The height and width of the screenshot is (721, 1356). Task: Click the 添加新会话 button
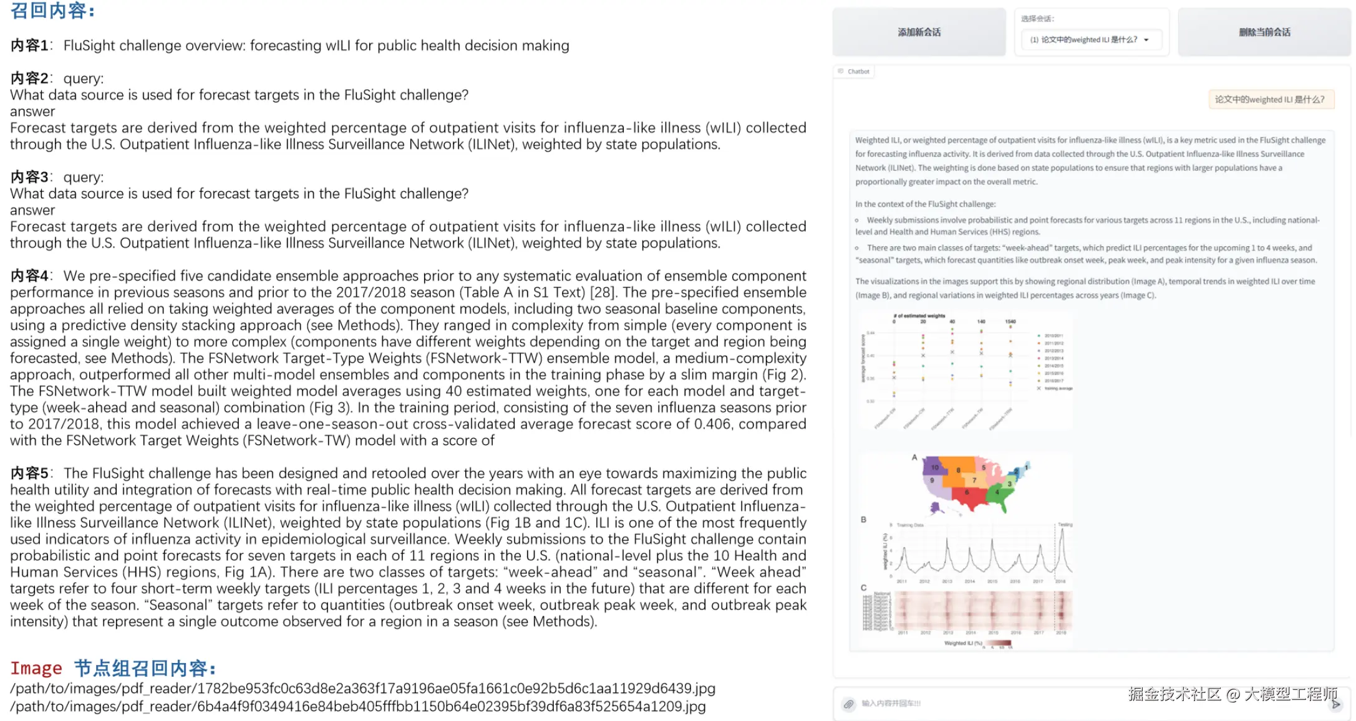pyautogui.click(x=919, y=32)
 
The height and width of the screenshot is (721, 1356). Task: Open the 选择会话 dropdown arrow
pyautogui.click(x=1146, y=40)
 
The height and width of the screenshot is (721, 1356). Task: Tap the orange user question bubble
pyautogui.click(x=1271, y=100)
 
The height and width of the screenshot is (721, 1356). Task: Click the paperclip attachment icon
pyautogui.click(x=848, y=704)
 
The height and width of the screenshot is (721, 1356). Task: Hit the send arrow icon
pyautogui.click(x=1335, y=704)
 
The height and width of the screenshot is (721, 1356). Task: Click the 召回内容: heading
pyautogui.click(x=52, y=11)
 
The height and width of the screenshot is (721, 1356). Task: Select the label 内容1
pyautogui.click(x=29, y=45)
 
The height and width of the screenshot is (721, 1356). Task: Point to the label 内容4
pyautogui.click(x=29, y=276)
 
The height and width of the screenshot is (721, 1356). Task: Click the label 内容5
pyautogui.click(x=29, y=474)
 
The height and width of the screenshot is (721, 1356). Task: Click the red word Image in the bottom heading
pyautogui.click(x=36, y=669)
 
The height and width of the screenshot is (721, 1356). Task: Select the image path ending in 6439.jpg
pyautogui.click(x=362, y=689)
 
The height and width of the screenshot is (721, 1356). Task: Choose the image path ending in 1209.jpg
pyautogui.click(x=358, y=707)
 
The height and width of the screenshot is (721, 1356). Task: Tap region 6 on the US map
pyautogui.click(x=967, y=492)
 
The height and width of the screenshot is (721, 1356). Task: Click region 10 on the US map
pyautogui.click(x=934, y=467)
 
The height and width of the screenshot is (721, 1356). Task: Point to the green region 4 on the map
pyautogui.click(x=997, y=492)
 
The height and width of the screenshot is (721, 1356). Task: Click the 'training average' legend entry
pyautogui.click(x=1058, y=388)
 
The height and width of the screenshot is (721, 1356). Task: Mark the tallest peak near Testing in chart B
pyautogui.click(x=1062, y=533)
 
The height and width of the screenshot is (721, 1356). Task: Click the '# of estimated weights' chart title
pyautogui.click(x=919, y=316)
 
